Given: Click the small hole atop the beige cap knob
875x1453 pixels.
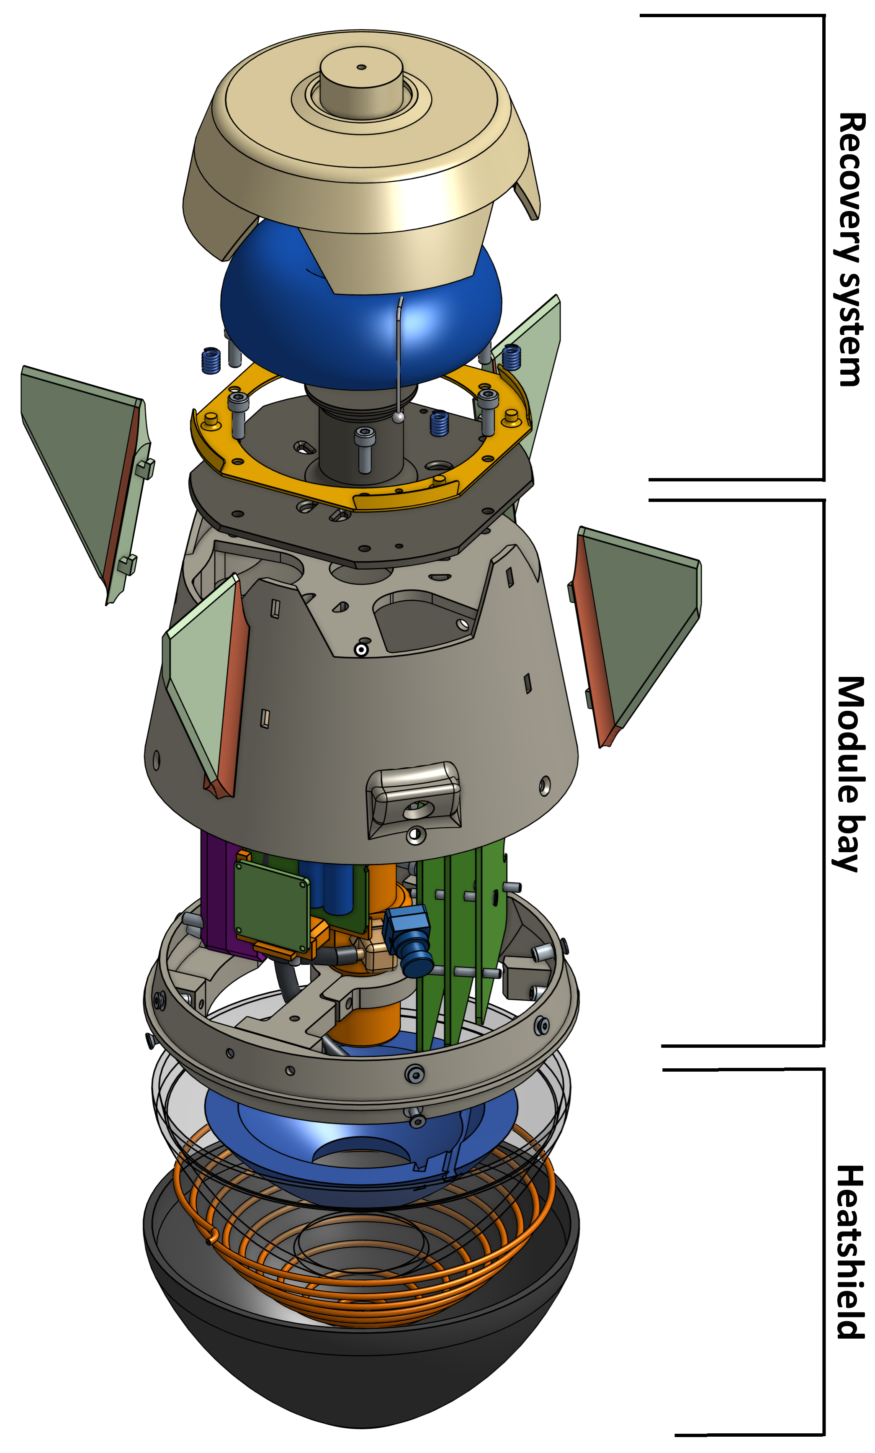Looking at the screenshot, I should point(361,67).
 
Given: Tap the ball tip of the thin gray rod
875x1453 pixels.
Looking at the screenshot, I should point(399,417).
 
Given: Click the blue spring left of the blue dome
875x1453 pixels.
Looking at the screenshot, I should point(211,361).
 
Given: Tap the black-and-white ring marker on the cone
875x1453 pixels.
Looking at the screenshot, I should point(361,650).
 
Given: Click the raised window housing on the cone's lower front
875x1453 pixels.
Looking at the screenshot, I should point(414,796).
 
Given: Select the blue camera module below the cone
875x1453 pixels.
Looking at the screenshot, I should point(410,937).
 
